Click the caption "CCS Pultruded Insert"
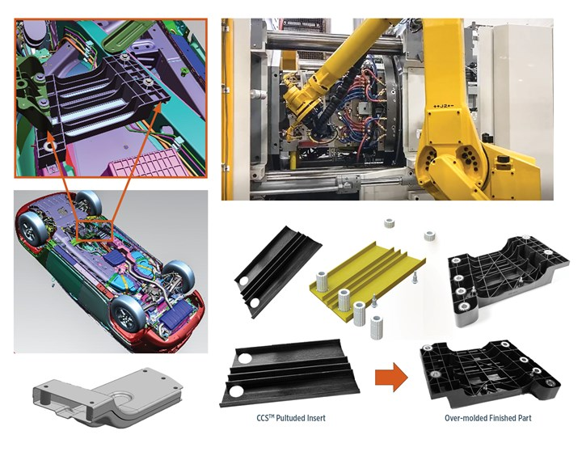(291, 418)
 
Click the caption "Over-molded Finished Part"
(487, 418)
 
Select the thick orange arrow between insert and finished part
(391, 377)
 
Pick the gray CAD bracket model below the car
(108, 397)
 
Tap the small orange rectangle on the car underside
(95, 231)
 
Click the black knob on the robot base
(503, 159)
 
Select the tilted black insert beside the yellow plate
(277, 270)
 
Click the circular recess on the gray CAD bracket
(124, 397)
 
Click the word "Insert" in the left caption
(315, 418)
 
